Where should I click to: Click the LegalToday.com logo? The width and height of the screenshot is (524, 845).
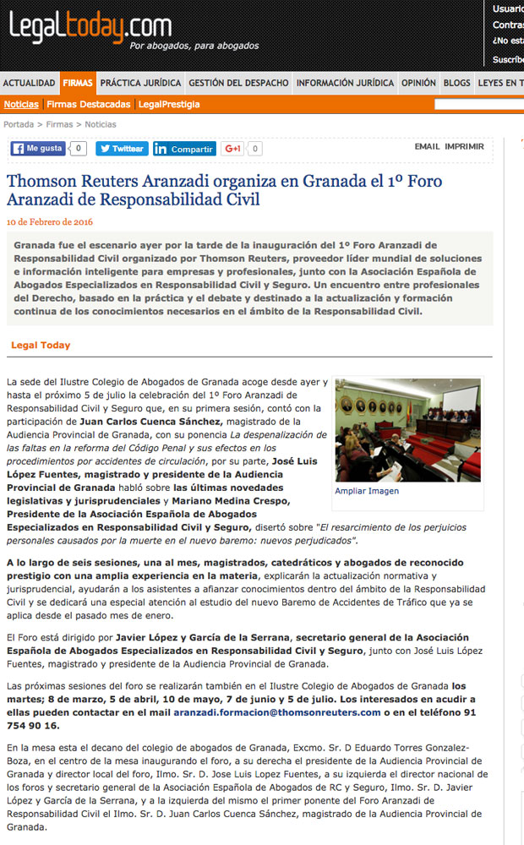point(90,30)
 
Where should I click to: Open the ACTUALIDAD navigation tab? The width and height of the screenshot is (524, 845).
point(29,83)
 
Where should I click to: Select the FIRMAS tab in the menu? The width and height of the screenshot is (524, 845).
point(78,83)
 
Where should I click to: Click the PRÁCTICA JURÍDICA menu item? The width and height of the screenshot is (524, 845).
point(140,83)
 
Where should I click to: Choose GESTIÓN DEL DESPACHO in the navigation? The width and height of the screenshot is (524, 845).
point(238,83)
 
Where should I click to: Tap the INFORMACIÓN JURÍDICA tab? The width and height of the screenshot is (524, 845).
point(345,83)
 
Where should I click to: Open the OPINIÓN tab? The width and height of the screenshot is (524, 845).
point(418,83)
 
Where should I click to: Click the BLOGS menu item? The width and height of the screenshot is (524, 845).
point(456,83)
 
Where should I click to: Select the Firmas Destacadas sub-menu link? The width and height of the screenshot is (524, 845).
point(88,104)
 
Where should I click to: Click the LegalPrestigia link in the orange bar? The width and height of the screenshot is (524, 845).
point(169,104)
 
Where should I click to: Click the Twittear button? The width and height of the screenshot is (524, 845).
point(122,149)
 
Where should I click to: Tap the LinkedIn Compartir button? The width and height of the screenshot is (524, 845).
point(184,149)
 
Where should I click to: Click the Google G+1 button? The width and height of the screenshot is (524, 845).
point(232,149)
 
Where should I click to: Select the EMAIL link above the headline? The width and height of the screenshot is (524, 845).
point(427,146)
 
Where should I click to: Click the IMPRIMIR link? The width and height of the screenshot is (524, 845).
point(464,146)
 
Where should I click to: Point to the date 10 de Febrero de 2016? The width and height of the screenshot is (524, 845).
point(49,221)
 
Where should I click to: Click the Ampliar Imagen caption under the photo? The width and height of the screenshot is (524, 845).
point(367,491)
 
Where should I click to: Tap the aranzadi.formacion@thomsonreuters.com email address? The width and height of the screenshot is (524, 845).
point(277,712)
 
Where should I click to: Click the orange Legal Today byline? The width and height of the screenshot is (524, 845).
point(41,345)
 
